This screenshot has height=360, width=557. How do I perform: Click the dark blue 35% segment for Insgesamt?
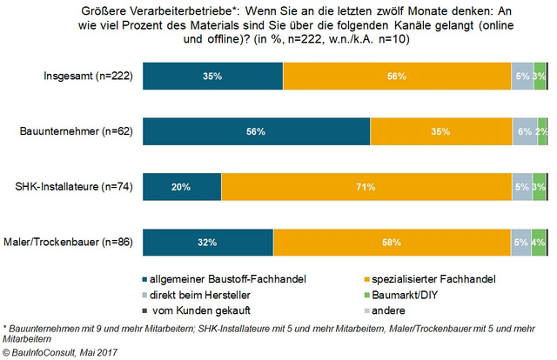(x=212, y=77)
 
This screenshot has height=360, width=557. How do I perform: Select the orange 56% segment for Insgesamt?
(x=397, y=77)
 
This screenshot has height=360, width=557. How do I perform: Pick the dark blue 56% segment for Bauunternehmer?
(x=256, y=132)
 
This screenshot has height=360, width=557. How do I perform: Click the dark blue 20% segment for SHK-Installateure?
(x=181, y=187)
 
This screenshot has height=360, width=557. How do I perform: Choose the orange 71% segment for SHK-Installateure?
(x=366, y=187)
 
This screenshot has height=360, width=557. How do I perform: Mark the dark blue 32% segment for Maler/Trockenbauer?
(x=207, y=242)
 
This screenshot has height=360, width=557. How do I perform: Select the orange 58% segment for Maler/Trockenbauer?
(x=392, y=242)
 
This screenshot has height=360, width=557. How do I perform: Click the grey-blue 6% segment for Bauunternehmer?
(x=525, y=132)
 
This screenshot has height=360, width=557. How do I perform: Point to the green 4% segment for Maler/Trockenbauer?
(x=539, y=242)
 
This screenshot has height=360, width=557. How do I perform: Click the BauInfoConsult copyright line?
(x=61, y=352)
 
